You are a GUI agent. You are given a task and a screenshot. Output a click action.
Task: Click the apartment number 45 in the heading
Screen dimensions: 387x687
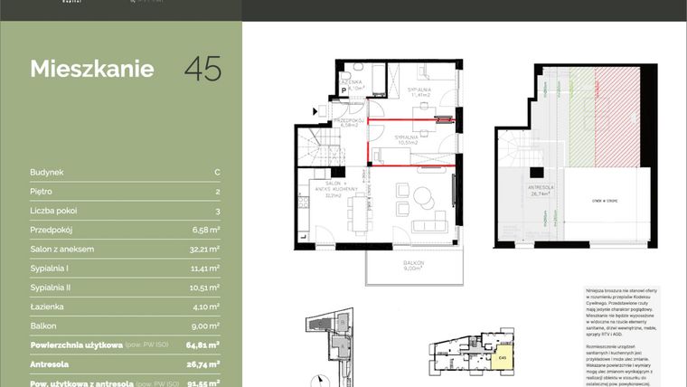pyautogui.click(x=202, y=70)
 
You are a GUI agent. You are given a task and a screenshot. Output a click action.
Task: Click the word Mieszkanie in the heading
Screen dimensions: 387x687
pyautogui.click(x=92, y=70)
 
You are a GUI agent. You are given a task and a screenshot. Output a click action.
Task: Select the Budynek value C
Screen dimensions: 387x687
pyautogui.click(x=217, y=172)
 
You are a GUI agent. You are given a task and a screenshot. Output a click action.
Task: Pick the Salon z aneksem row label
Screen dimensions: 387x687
pyautogui.click(x=62, y=249)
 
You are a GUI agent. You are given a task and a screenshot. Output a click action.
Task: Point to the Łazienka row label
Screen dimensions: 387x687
pyautogui.click(x=47, y=307)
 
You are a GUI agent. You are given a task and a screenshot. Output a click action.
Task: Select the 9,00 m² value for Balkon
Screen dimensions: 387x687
pyautogui.click(x=205, y=326)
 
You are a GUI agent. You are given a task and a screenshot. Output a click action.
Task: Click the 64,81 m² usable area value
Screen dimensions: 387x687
pyautogui.click(x=203, y=345)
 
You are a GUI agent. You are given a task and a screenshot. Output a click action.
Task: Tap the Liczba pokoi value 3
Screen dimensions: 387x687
pyautogui.click(x=217, y=211)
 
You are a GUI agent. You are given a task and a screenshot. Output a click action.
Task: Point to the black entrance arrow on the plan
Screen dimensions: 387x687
pyautogui.click(x=315, y=109)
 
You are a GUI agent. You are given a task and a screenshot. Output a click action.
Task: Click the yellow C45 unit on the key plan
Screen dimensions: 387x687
pyautogui.click(x=503, y=357)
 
